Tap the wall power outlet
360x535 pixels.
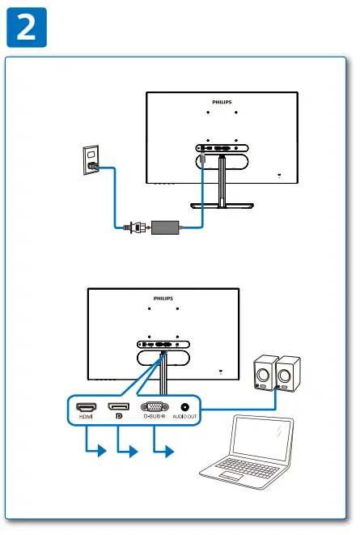[91, 159]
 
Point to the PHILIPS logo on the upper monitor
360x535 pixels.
[222, 104]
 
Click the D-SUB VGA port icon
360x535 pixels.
[155, 408]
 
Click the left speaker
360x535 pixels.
[265, 373]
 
